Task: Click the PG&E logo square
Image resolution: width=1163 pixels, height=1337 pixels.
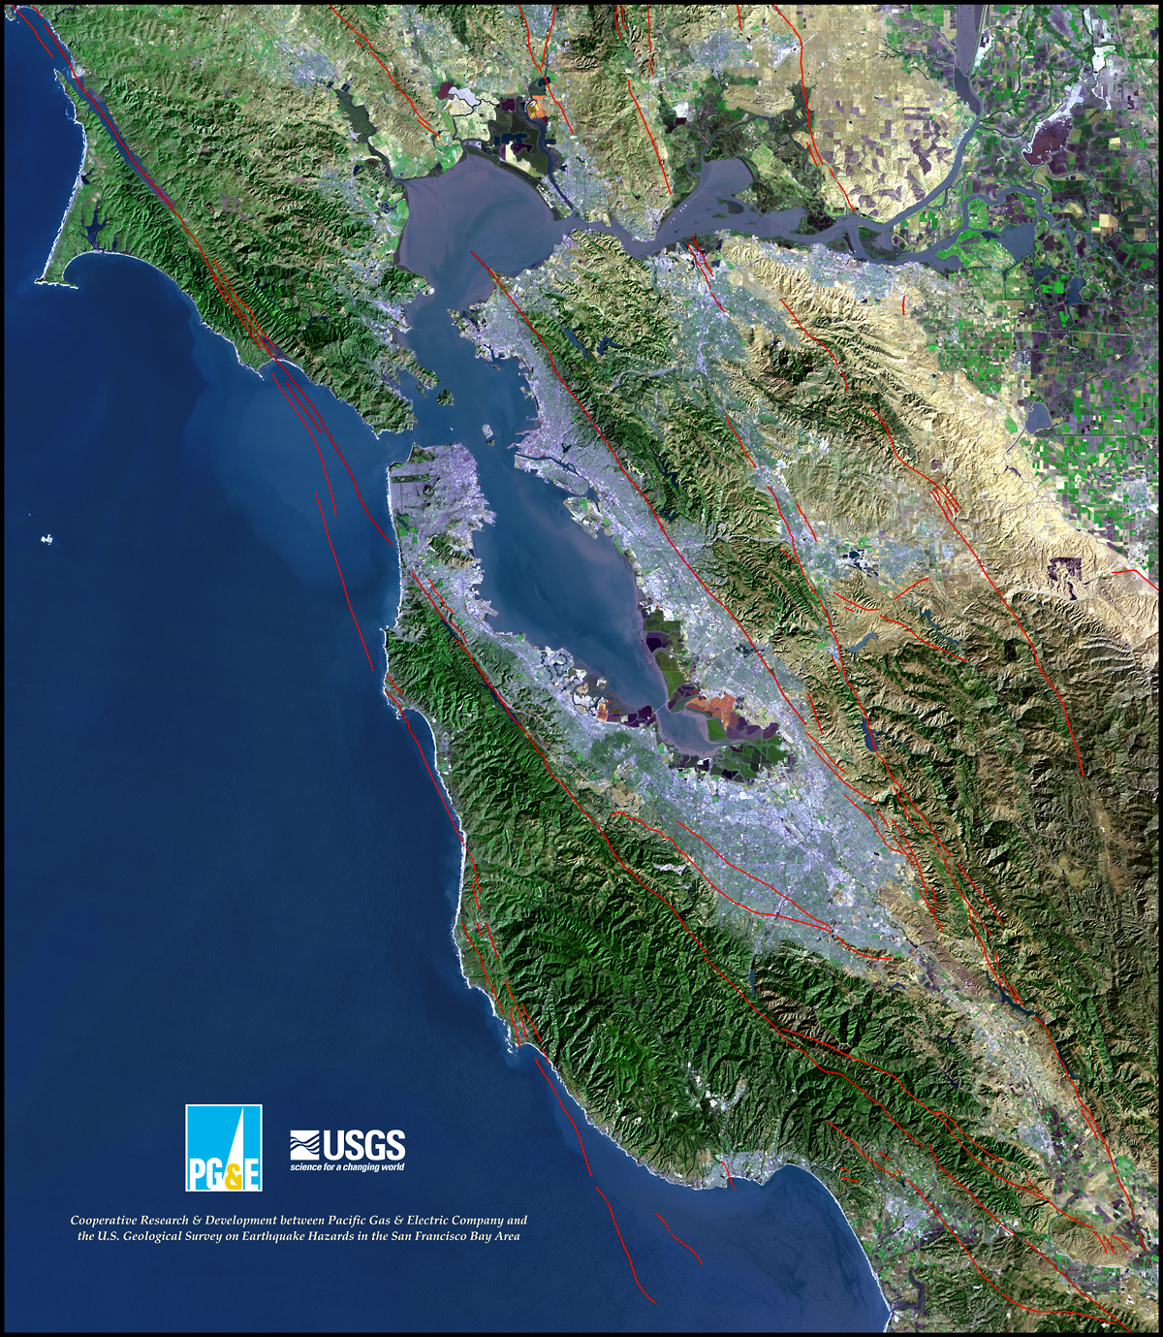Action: tap(223, 1147)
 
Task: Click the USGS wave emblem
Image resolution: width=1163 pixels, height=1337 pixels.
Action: tap(304, 1145)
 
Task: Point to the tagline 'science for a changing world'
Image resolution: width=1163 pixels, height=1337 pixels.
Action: tap(347, 1166)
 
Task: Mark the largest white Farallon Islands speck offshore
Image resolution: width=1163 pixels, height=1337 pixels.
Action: tap(46, 539)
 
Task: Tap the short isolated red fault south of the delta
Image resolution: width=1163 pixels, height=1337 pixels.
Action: tap(903, 305)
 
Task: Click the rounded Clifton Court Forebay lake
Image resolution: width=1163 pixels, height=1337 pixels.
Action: tap(1035, 417)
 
